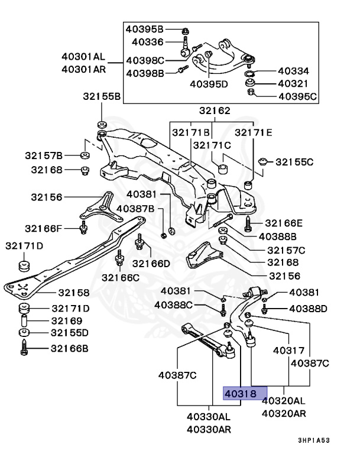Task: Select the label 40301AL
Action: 83,57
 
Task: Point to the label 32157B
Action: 43,155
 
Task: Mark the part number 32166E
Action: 283,223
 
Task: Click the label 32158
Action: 73,293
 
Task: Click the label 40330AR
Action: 209,429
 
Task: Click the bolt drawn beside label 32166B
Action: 24,348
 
